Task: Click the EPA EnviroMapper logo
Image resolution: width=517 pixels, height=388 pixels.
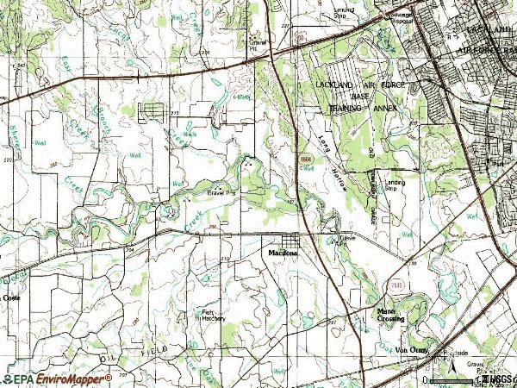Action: [x=56, y=379]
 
